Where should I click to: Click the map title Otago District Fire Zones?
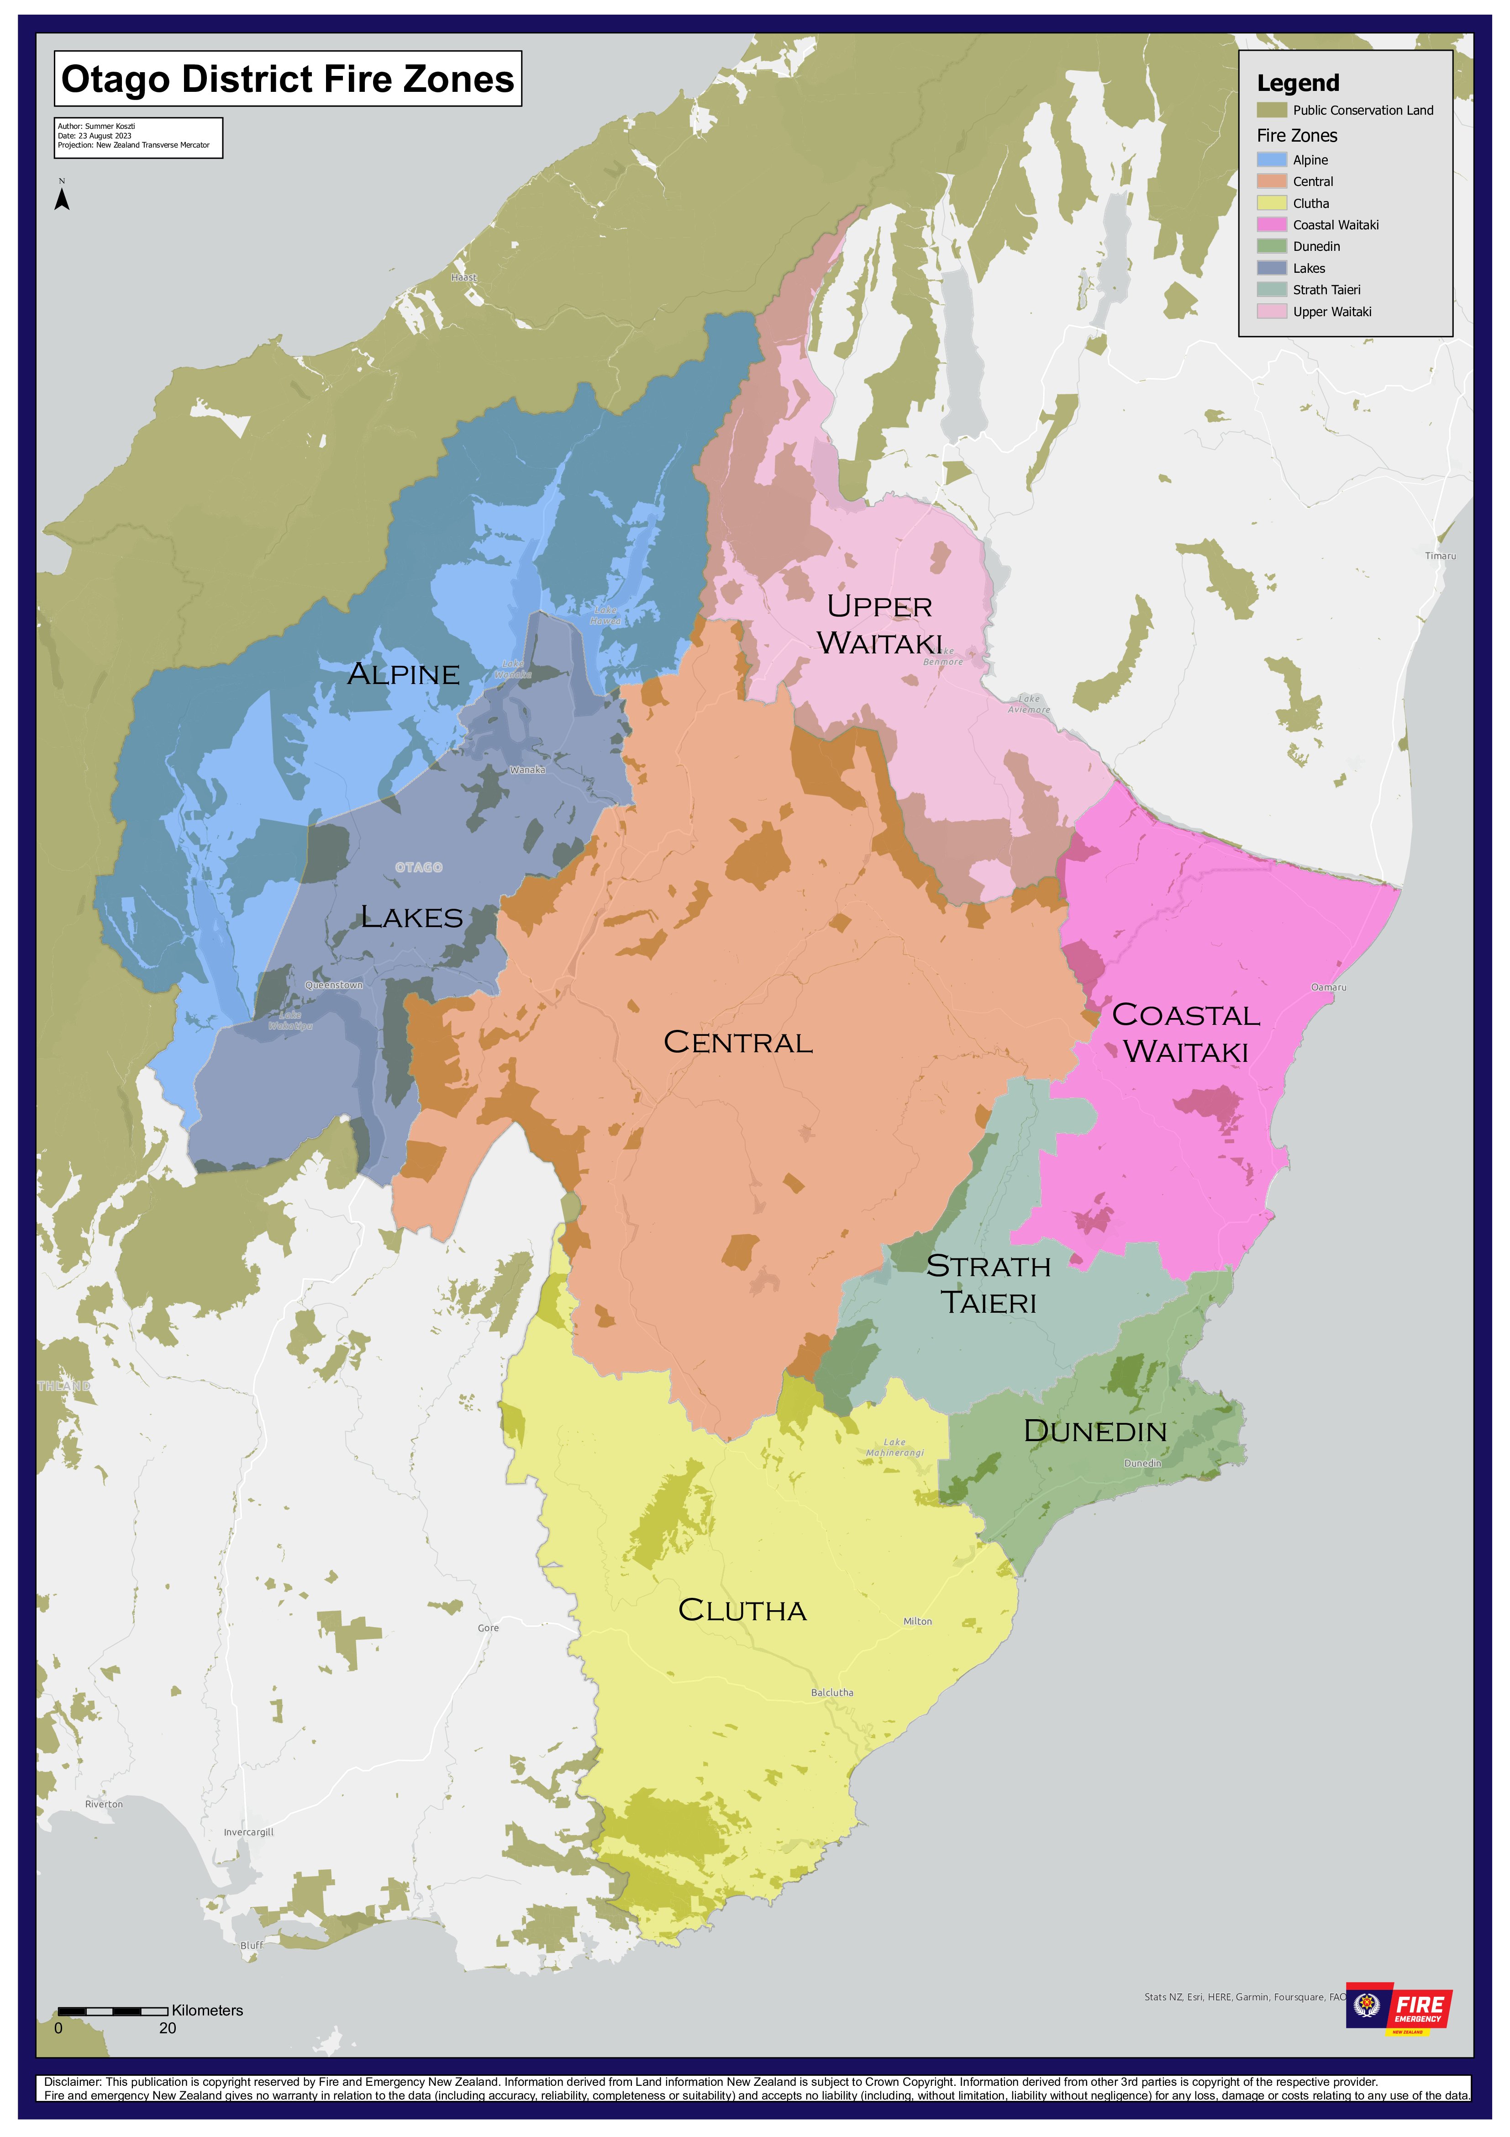288,79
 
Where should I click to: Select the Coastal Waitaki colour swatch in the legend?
1271,224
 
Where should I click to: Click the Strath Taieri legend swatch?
1271,290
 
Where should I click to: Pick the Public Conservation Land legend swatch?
1271,110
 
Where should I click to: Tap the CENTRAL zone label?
738,1042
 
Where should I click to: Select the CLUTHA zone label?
742,1610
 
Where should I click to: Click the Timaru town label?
1440,556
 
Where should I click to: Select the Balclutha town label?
832,1692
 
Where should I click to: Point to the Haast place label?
463,277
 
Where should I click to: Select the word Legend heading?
1298,83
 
